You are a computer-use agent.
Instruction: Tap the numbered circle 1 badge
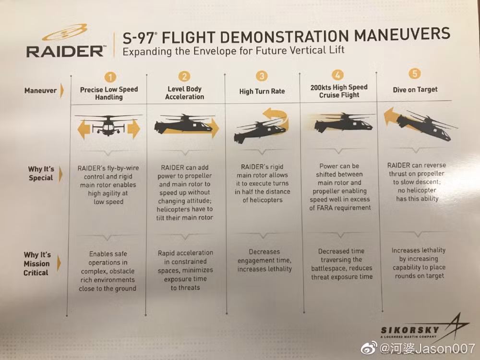pos(110,77)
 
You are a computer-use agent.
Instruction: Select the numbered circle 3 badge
pos(262,76)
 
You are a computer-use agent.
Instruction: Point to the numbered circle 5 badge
pos(415,73)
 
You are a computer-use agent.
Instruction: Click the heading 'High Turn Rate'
pos(262,91)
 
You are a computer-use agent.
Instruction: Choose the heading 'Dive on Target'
pos(415,89)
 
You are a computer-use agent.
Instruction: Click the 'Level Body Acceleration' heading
pos(185,93)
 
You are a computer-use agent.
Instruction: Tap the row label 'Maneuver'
pos(40,90)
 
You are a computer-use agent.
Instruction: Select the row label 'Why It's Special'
pos(41,173)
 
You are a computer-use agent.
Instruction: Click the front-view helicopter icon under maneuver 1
pos(108,125)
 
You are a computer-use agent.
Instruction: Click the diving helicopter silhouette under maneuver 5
pos(425,126)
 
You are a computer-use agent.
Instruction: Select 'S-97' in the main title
pos(139,38)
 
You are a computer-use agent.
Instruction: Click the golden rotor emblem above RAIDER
pos(65,33)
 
